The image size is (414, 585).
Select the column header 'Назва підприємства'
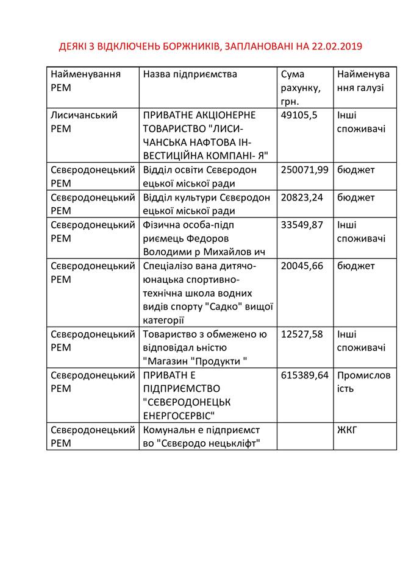(190, 74)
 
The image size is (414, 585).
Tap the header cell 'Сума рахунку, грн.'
(301, 88)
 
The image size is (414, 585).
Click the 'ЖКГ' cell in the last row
(347, 430)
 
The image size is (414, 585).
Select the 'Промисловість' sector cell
(363, 382)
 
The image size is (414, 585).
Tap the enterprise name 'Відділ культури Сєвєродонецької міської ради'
(207, 204)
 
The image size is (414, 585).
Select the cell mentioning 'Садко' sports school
(207, 293)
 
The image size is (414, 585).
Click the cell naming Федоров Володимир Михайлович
(207, 238)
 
